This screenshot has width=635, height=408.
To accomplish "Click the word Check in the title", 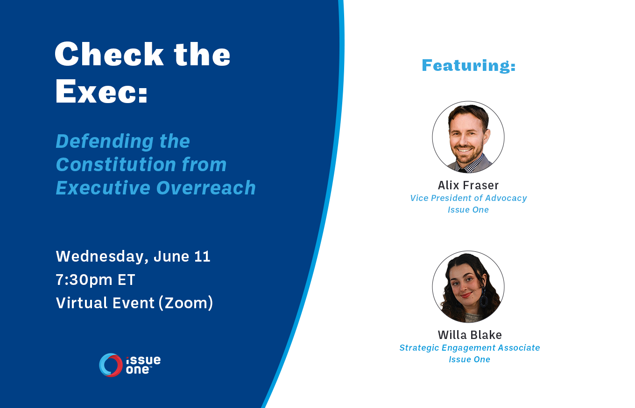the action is coord(109,54).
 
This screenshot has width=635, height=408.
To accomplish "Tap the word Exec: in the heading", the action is coord(101,91).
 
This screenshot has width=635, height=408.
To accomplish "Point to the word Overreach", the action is coord(206,188).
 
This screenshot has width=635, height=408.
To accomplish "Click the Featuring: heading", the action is coord(469,65).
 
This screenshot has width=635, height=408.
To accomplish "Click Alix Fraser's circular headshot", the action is coord(468,137).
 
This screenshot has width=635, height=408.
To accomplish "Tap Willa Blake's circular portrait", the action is coord(468,287).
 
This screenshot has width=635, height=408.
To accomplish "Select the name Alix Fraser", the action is coord(468,185).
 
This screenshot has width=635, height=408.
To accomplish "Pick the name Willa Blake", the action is coord(469,335).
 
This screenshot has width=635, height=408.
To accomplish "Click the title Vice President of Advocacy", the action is coord(468,198).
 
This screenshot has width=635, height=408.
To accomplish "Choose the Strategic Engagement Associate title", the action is coord(469,348).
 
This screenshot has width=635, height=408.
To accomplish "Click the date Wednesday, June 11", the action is coord(133,256).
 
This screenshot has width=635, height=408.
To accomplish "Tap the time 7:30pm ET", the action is coord(95,280).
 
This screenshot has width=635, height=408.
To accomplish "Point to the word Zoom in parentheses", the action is coord(186,303).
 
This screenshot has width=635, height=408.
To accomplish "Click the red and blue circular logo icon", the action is coord(111,365).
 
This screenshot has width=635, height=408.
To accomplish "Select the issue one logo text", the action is coord(143,365).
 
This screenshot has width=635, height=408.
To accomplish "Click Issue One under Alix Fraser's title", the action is coord(468,210).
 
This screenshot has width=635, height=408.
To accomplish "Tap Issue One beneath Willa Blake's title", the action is coord(469,360).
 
